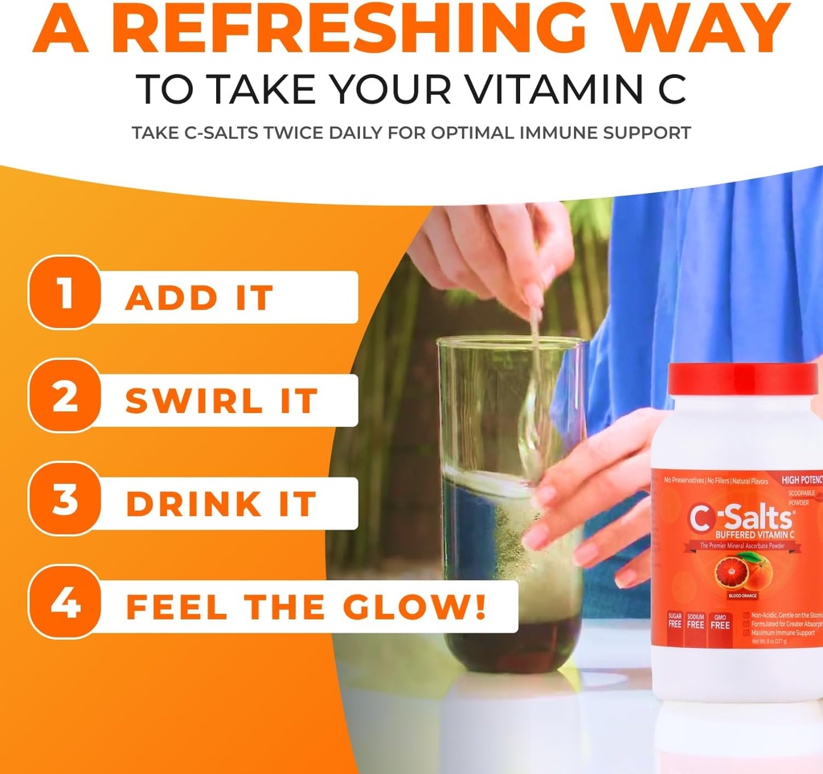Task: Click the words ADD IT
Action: point(199,298)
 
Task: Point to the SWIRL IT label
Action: point(222,401)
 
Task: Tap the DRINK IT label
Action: point(221,504)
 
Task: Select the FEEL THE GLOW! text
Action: point(306,607)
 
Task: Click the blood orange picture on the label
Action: point(743,573)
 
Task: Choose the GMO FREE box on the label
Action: point(720,620)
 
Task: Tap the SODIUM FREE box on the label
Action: point(695,620)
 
